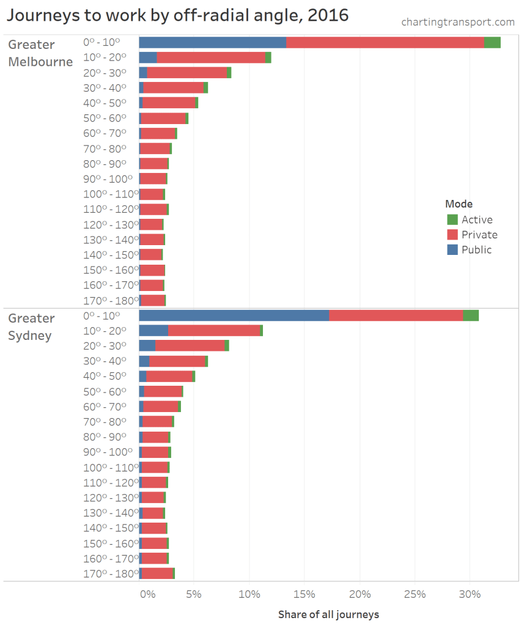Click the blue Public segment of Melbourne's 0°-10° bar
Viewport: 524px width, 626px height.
coord(212,42)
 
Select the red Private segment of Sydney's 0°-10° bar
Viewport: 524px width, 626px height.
coord(396,315)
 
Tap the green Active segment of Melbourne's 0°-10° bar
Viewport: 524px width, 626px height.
coord(492,42)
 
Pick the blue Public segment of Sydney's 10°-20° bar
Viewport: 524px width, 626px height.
coord(153,330)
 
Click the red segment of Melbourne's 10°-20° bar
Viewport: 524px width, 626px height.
coord(211,57)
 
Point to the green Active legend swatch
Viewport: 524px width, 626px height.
coord(452,219)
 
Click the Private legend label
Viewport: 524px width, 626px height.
coord(479,235)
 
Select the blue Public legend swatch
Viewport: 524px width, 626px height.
coord(452,249)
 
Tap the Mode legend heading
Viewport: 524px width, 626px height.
coord(459,204)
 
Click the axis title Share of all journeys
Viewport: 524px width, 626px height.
coord(328,614)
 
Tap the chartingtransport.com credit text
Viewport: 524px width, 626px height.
coord(458,22)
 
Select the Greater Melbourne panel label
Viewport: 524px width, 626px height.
coord(40,53)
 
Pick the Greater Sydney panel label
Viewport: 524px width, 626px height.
coord(31,327)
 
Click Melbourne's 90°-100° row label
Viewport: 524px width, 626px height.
coord(108,179)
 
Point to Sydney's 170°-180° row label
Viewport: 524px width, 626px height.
coord(108,573)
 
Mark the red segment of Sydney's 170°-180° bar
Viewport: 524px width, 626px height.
coord(157,573)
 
